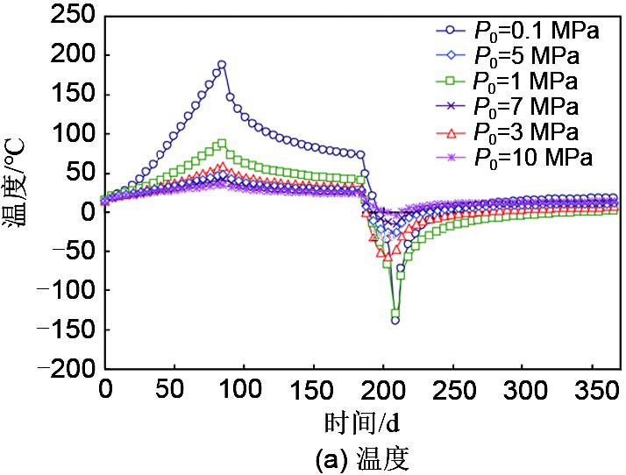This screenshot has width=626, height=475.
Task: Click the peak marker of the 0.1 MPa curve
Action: (222, 64)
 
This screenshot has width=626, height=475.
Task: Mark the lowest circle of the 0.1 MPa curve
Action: (395, 321)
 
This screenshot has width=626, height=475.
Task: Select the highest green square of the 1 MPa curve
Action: (222, 144)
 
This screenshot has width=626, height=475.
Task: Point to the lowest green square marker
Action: (395, 313)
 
